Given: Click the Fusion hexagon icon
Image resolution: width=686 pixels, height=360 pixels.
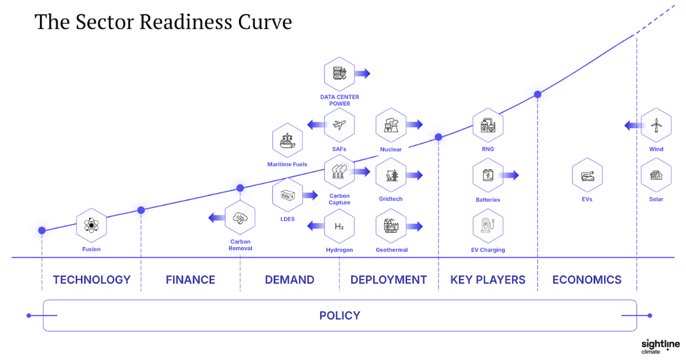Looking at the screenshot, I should pyautogui.click(x=91, y=226).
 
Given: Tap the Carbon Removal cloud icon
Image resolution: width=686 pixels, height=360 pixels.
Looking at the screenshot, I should pyautogui.click(x=240, y=217).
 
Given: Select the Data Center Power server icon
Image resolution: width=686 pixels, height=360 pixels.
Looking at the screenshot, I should pyautogui.click(x=339, y=73).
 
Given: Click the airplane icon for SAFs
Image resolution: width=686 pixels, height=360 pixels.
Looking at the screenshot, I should pyautogui.click(x=339, y=125).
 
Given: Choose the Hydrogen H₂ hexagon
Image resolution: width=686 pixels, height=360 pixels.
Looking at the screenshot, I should pyautogui.click(x=339, y=226).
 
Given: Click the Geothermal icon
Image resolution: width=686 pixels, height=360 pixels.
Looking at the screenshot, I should pyautogui.click(x=391, y=226).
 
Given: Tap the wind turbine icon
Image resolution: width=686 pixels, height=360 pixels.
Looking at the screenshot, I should pyautogui.click(x=656, y=125).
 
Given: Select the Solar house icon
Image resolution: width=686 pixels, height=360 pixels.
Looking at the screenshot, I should pyautogui.click(x=656, y=175).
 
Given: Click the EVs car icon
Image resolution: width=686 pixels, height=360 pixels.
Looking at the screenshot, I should pyautogui.click(x=587, y=175).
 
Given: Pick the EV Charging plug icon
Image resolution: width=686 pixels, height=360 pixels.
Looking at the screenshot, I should pyautogui.click(x=488, y=226).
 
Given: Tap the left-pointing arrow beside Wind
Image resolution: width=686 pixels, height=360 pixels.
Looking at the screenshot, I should pyautogui.click(x=631, y=125).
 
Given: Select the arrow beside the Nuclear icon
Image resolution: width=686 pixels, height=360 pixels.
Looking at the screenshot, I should pyautogui.click(x=415, y=125).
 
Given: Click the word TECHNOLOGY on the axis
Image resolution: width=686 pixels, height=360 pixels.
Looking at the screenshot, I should pyautogui.click(x=91, y=280).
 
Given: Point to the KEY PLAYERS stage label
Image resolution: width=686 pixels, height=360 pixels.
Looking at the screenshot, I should pyautogui.click(x=488, y=280).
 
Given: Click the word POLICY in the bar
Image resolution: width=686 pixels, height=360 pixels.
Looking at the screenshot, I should pyautogui.click(x=340, y=315).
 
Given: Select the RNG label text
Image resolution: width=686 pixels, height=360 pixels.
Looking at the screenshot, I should pyautogui.click(x=488, y=150).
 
